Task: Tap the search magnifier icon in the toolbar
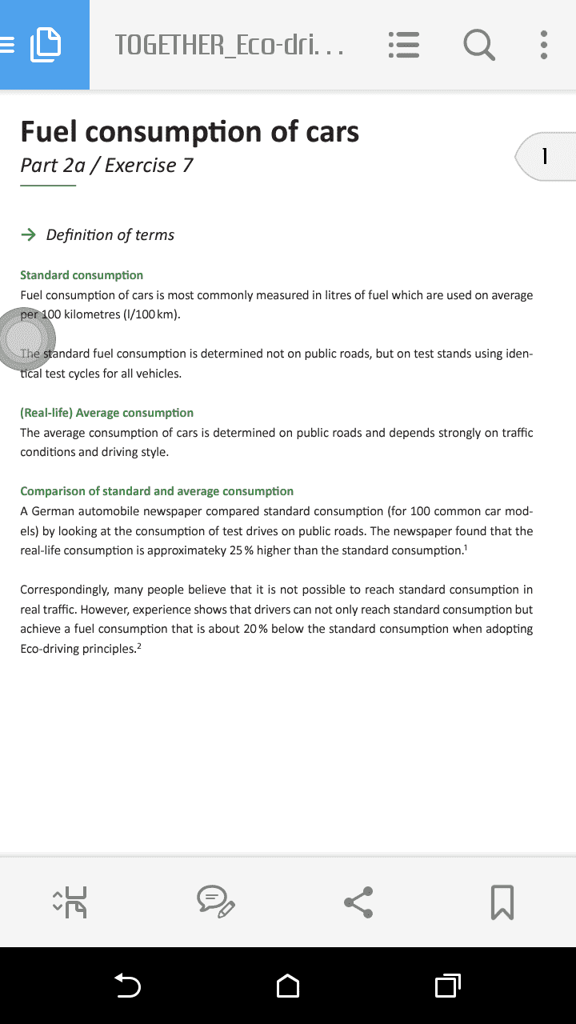coord(478,45)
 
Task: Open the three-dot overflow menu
coord(544,45)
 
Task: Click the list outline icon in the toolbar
coord(404,45)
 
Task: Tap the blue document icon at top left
coord(45,45)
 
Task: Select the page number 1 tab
coord(545,156)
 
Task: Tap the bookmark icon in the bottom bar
coord(502,902)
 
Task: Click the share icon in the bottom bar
coord(358,902)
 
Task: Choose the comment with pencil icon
coord(215,902)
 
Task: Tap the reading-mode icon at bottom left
coord(70,902)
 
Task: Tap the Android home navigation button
coord(288,986)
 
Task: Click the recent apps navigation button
coord(447,986)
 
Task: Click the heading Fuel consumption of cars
coord(190,131)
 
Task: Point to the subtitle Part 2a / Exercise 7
coord(106,166)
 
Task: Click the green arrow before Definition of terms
coord(28,234)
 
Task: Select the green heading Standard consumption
coord(82,275)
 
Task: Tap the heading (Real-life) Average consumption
coord(106,413)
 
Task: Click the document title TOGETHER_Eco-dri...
coord(230,45)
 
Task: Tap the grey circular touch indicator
coord(26,339)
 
